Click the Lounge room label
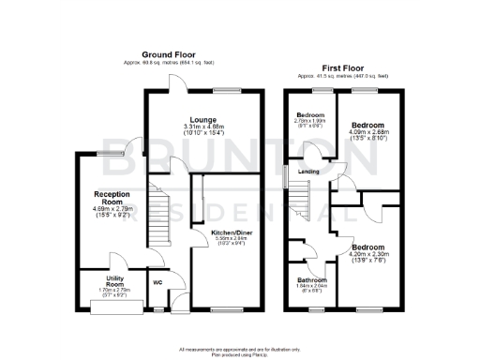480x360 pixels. (203, 120)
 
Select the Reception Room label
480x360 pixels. (110, 198)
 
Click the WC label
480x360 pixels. (157, 280)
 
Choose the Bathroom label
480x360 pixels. (311, 280)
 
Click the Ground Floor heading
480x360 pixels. (170, 55)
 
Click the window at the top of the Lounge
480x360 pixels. (225, 89)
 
